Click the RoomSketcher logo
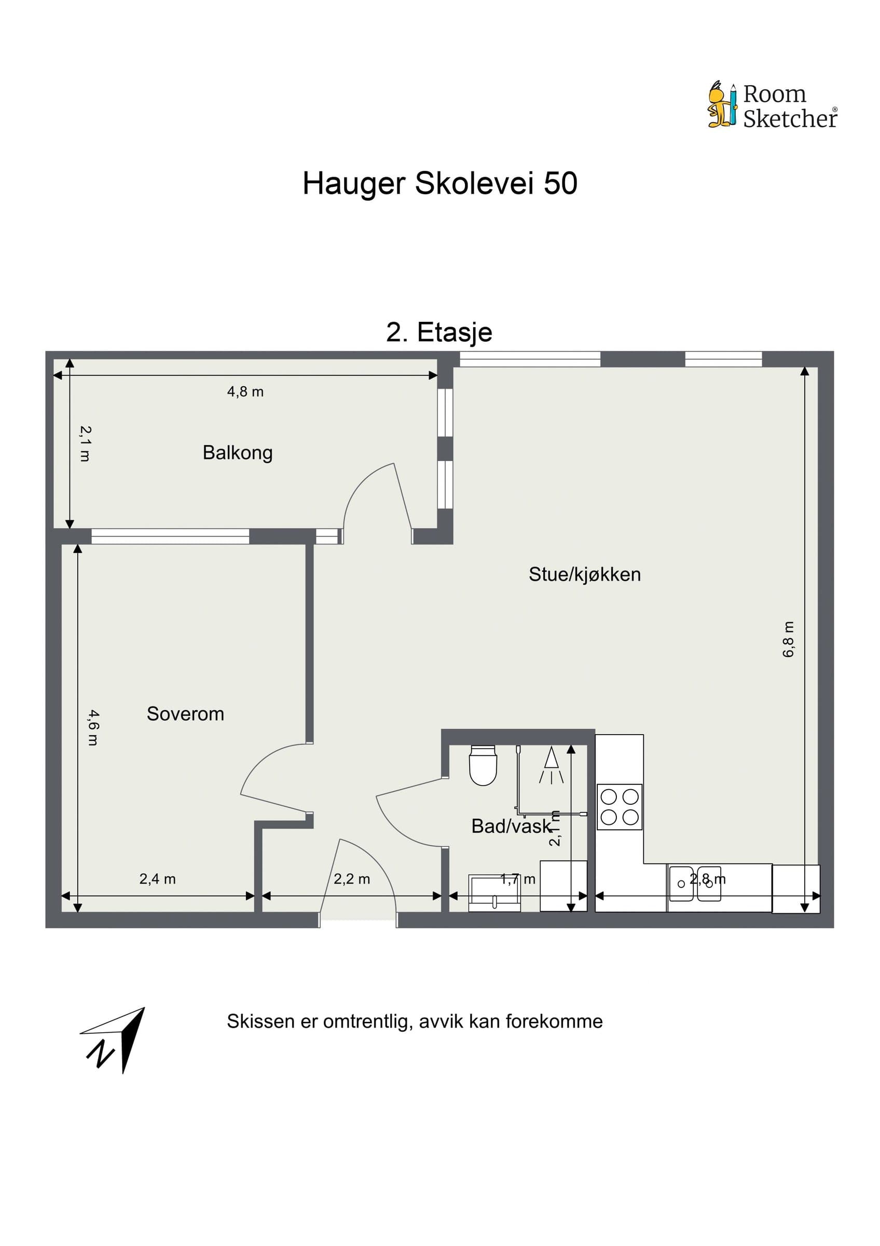pos(772,105)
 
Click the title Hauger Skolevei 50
pos(439,183)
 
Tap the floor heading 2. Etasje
pos(439,332)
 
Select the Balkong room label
pos(238,453)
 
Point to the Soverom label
pos(185,714)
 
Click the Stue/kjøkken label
pos(584,574)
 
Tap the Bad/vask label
pos(511,826)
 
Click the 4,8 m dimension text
pos(245,392)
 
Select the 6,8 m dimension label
pos(788,639)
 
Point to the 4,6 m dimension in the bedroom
pos(93,727)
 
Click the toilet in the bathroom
pos(483,766)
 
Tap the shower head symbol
pos(552,765)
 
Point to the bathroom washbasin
pos(494,893)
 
